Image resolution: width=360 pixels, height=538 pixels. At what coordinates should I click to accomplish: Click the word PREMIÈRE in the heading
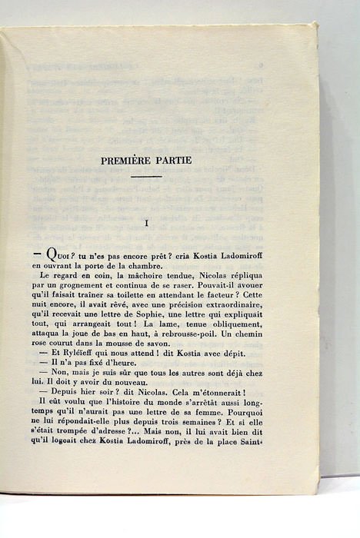[x=138, y=160]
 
